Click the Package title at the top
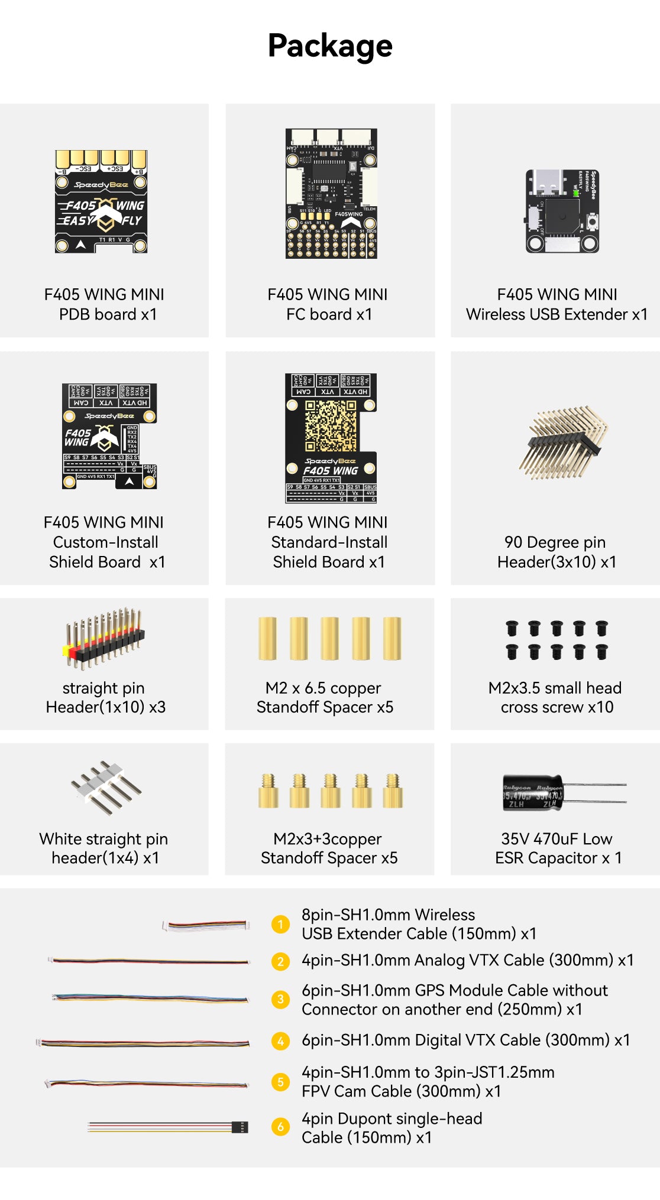(x=330, y=45)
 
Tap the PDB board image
(x=101, y=201)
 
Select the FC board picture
(x=331, y=194)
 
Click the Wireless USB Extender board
(x=562, y=212)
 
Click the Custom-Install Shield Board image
(x=109, y=436)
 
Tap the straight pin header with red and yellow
(x=104, y=638)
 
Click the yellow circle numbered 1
(x=280, y=924)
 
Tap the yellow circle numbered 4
(x=280, y=1040)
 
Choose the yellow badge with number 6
(x=280, y=1127)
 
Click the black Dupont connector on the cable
(x=240, y=1127)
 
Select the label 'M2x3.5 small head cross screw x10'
(x=555, y=697)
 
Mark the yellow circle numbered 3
(x=280, y=999)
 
